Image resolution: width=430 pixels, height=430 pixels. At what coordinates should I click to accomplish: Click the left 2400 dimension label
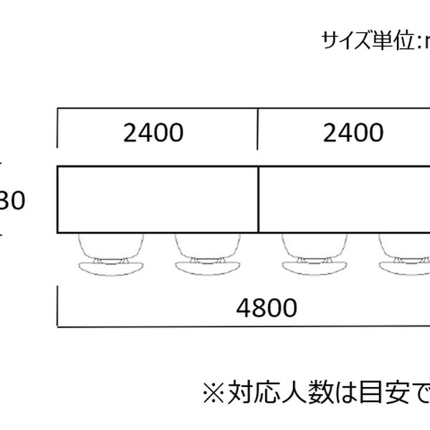pos(153,133)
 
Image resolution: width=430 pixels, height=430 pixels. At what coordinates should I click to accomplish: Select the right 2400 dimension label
pos(353,133)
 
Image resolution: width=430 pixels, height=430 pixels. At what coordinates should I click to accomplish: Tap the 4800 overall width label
pos(266,308)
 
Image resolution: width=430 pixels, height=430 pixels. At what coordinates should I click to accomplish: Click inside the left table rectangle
pos(158,199)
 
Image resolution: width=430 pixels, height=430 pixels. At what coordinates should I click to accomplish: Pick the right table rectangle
pos(344,199)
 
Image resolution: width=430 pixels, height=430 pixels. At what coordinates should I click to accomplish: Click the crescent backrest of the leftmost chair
pos(113,267)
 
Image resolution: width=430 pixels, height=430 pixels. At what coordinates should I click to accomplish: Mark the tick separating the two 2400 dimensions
pos(258,129)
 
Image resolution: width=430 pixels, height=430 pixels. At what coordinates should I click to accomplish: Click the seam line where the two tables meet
pos(258,199)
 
